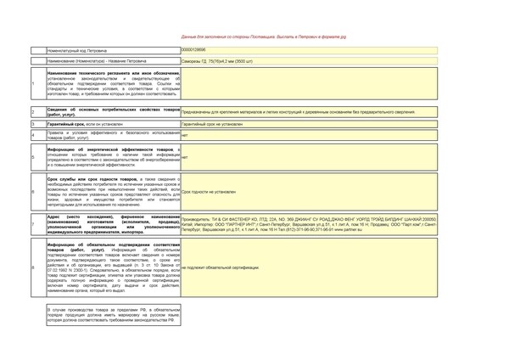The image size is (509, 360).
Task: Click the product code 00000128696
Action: point(193,50)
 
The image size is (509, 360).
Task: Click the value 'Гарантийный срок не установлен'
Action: point(212,124)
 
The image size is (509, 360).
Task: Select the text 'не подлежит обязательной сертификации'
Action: point(221,267)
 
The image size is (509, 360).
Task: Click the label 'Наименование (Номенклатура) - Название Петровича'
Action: point(97,61)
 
